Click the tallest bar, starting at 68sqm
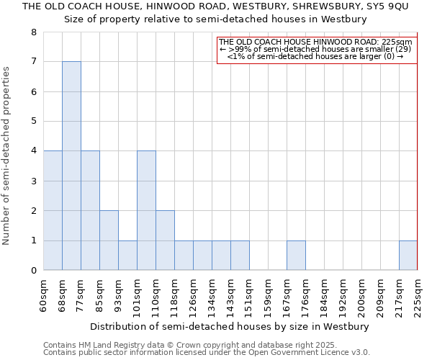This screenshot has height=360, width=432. tap(71, 166)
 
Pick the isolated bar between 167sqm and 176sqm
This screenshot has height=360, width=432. tap(296, 256)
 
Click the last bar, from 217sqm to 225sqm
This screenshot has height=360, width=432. tap(408, 256)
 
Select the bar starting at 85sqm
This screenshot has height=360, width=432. tap(109, 240)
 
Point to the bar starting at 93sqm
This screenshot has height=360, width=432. tap(127, 256)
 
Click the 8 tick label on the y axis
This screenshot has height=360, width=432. tap(33, 32)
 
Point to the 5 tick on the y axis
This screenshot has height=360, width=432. tap(33, 122)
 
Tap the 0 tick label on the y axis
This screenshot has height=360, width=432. tap(33, 271)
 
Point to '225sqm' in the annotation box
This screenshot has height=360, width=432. tap(396, 42)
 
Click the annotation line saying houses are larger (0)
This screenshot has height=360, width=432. tap(315, 56)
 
